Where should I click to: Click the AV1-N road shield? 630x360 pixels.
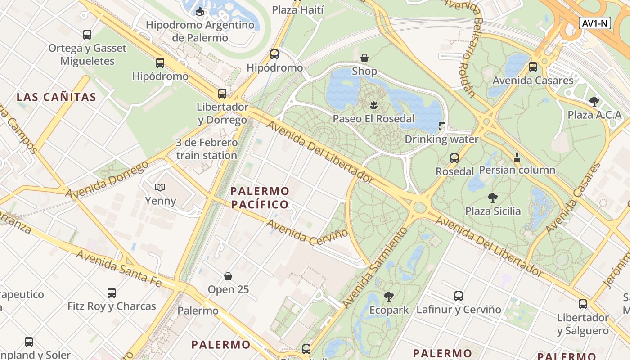coord(594,23)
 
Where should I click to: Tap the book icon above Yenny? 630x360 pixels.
coord(160,187)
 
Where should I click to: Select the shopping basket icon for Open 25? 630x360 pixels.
coord(228,276)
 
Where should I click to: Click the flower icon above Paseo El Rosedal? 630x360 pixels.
coord(373,105)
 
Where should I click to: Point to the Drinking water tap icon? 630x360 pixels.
coord(441,126)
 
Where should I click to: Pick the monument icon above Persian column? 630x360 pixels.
coord(517,157)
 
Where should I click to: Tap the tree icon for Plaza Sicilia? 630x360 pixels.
coord(493,198)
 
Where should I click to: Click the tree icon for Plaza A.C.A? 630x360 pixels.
coord(594,101)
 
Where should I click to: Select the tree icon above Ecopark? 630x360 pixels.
coord(389,296)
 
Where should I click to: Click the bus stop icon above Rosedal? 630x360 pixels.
coord(454,158)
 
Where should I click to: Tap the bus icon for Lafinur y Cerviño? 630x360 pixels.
coord(458,296)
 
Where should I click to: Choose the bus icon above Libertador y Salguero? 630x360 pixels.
coord(583,304)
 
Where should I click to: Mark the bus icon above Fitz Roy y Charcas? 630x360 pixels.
coord(112,293)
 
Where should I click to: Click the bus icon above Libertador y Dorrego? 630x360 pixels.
coord(222,93)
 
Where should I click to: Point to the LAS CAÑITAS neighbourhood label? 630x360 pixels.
coord(57,97)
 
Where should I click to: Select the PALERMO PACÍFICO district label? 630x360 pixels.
coord(260,198)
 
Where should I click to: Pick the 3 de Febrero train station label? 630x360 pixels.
coord(207,149)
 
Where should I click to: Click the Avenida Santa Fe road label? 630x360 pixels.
coord(119,268)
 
